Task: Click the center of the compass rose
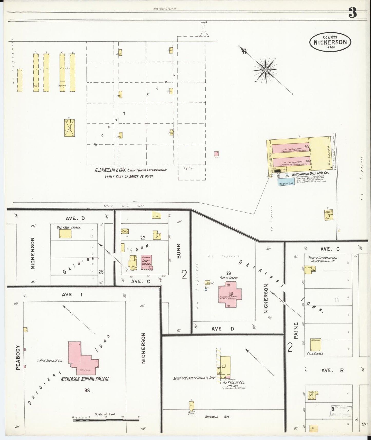click(265, 70)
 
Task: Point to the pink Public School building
click(230, 294)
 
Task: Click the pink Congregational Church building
click(146, 262)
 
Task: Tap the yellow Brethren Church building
click(65, 234)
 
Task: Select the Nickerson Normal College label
click(85, 379)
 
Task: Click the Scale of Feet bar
click(106, 420)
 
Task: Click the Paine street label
click(296, 331)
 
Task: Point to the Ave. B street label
click(332, 370)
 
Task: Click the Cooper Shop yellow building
click(328, 215)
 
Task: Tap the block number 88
click(87, 390)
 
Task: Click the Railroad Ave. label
click(215, 417)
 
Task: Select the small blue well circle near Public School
click(206, 289)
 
